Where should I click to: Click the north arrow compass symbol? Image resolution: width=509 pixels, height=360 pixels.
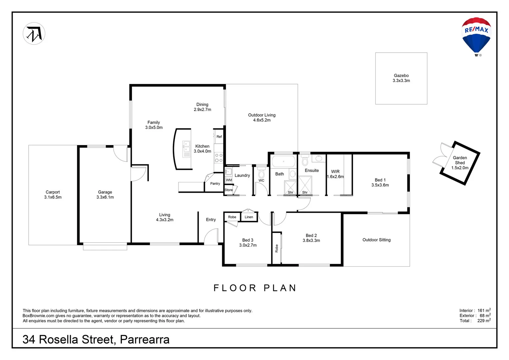click(34, 34)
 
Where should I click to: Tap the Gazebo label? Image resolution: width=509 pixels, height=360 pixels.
click(401, 76)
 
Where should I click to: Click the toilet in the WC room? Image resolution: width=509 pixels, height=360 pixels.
click(261, 173)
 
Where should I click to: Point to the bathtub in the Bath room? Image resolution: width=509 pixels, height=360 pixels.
click(283, 162)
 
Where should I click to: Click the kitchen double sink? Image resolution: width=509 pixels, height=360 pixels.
click(186, 149)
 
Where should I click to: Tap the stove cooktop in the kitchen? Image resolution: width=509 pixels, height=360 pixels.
click(219, 158)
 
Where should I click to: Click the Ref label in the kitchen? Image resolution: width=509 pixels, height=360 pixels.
click(219, 137)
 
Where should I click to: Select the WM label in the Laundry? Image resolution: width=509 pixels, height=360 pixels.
click(229, 180)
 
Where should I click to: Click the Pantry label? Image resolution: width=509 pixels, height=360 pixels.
click(215, 184)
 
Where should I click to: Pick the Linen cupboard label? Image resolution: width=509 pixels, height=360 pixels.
click(249, 217)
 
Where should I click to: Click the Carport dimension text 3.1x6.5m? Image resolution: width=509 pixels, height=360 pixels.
click(53, 197)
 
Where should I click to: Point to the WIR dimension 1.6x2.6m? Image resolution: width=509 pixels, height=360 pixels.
click(335, 177)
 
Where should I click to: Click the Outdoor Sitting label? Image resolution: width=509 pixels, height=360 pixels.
click(376, 240)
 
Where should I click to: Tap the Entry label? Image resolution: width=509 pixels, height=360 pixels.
click(211, 220)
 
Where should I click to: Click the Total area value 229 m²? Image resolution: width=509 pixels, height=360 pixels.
click(484, 321)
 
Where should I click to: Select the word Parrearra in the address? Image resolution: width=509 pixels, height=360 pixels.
click(145, 339)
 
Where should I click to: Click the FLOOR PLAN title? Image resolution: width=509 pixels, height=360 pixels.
click(255, 288)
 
